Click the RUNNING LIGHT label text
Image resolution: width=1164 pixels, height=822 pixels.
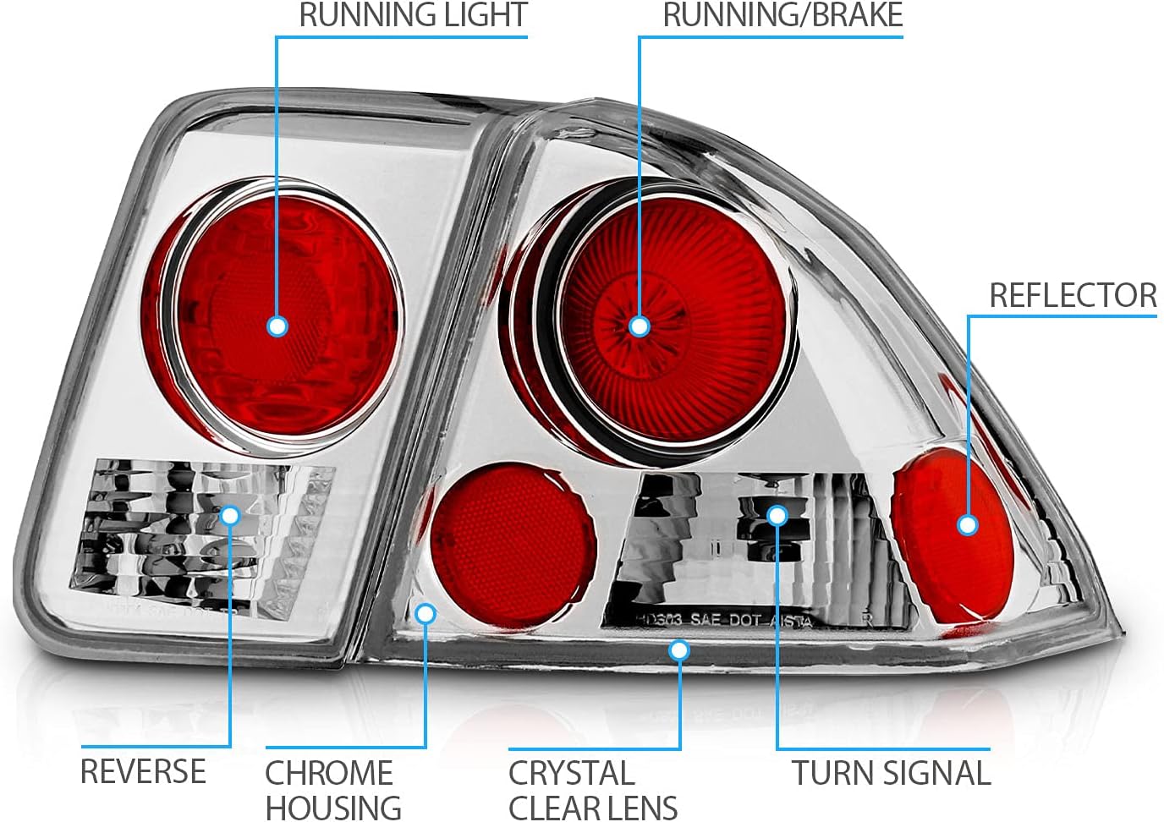click(413, 15)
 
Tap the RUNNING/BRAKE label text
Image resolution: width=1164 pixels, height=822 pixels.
click(782, 15)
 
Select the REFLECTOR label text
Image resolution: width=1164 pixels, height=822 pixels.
click(1073, 295)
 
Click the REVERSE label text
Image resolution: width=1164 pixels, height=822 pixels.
click(143, 771)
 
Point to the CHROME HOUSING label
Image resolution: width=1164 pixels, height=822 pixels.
click(332, 790)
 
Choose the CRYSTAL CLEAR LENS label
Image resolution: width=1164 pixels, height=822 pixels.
click(592, 790)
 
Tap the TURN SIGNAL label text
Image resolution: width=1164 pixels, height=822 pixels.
click(891, 773)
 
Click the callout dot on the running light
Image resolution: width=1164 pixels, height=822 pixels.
click(277, 326)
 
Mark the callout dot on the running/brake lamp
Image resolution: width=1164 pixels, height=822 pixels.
click(640, 326)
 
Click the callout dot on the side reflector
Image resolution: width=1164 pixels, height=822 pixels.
click(968, 524)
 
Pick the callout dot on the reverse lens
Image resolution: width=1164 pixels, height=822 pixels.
click(230, 515)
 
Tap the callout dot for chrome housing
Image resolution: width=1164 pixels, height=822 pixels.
click(426, 613)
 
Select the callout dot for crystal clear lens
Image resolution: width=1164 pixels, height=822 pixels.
click(678, 650)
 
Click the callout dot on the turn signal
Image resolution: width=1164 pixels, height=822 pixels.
click(777, 515)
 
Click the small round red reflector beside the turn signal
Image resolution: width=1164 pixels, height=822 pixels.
click(513, 543)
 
